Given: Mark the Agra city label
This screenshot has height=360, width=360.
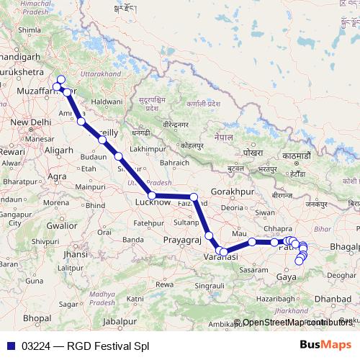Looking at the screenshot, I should (x=57, y=176).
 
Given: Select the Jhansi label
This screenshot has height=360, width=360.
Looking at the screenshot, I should (x=75, y=254).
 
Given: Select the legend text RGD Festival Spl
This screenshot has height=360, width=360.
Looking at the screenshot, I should (x=107, y=346).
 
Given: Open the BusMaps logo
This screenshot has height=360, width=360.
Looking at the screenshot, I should (x=326, y=345).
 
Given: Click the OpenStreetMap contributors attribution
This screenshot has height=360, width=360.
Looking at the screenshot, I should (x=297, y=323).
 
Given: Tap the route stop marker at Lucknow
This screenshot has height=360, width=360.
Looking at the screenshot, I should (x=151, y=195).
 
